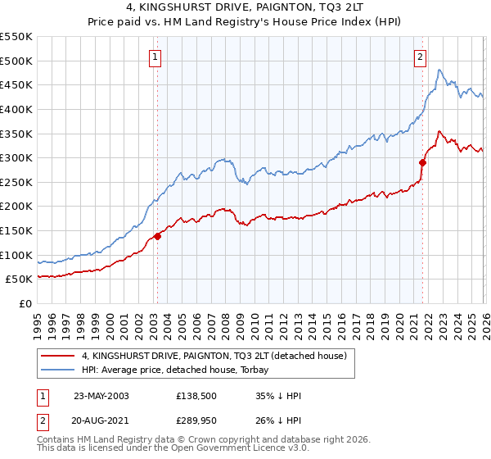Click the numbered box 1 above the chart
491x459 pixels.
155,57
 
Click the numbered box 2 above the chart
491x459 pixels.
420,57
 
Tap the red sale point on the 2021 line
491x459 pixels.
423,162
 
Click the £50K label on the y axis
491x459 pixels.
20,279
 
